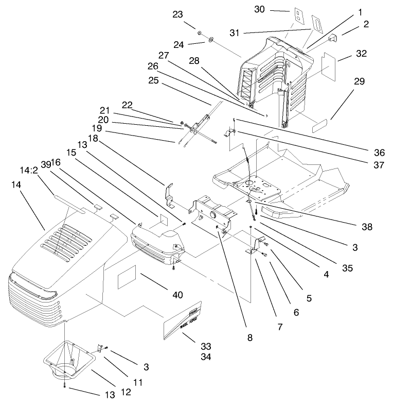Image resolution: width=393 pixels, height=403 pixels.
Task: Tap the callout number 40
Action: (177, 295)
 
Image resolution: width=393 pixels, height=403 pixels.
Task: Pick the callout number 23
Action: (177, 15)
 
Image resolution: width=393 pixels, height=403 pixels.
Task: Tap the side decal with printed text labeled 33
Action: (184, 321)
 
